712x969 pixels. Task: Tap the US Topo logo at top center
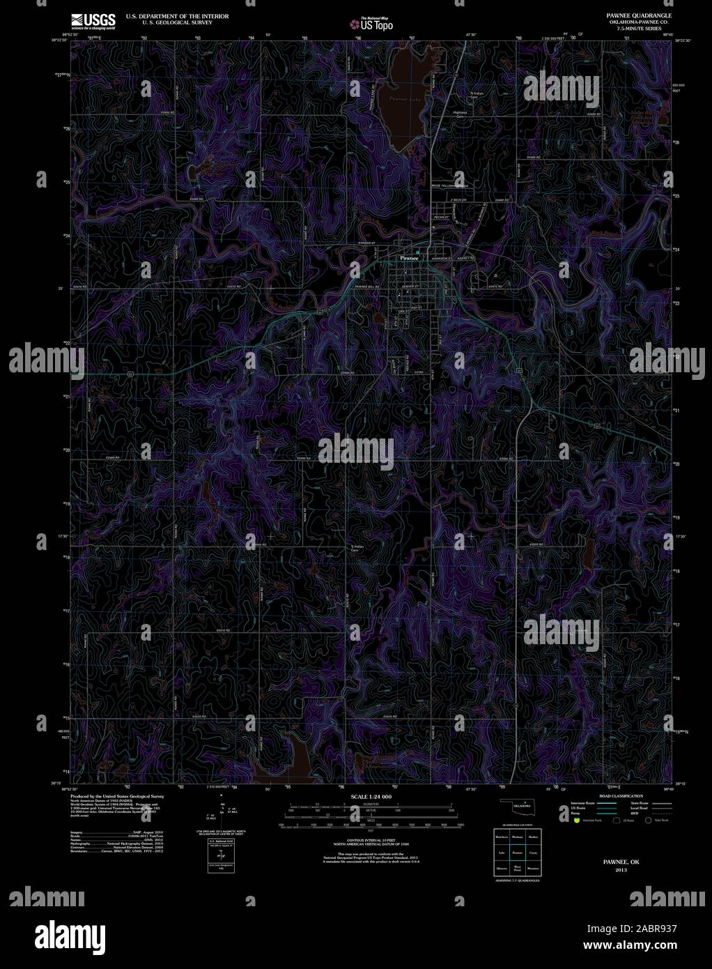tap(372, 24)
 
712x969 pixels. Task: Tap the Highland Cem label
tap(460, 114)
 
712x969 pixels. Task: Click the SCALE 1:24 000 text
tap(371, 796)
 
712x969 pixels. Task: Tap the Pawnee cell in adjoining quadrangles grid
tap(517, 853)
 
